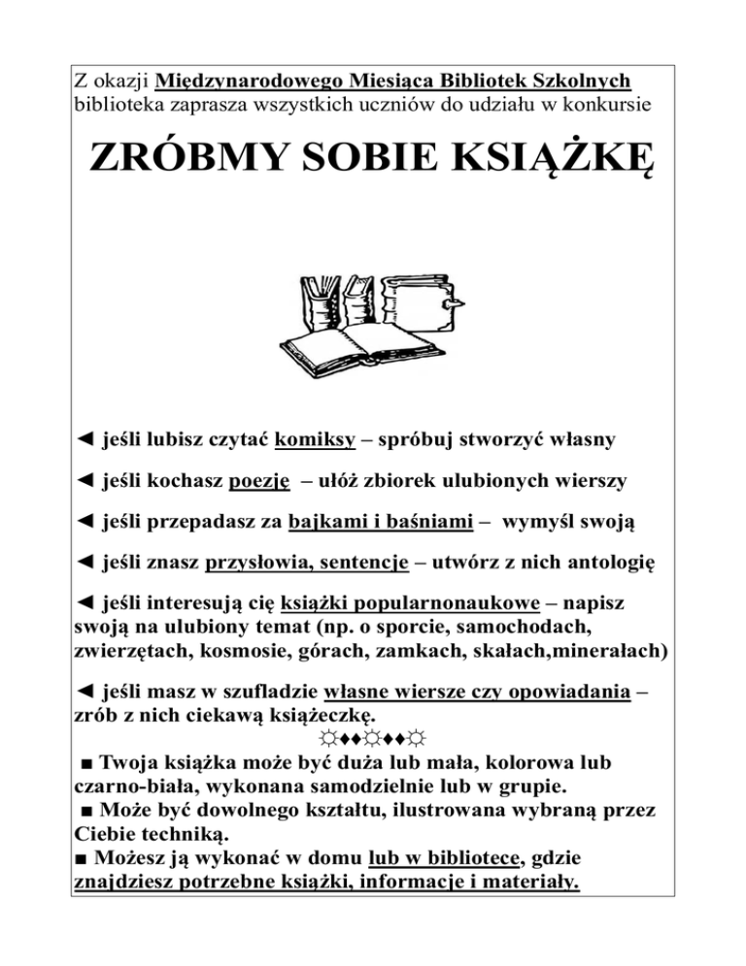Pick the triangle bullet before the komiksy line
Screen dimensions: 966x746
click(85, 441)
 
